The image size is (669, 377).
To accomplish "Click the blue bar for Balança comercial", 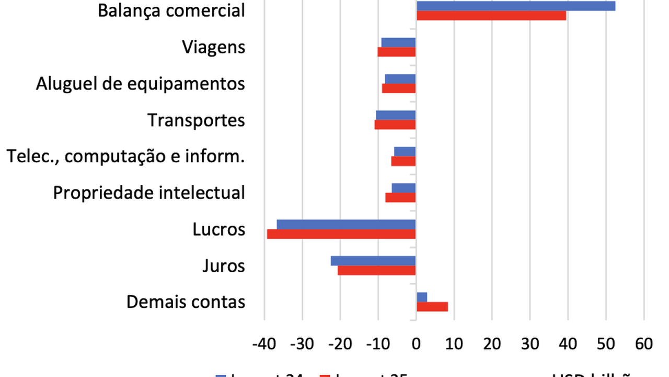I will [x=515, y=6].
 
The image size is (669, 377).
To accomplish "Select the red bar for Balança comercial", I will [x=491, y=16].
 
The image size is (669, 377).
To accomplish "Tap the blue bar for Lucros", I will [x=346, y=224].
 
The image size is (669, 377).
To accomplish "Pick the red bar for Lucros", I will [x=341, y=234].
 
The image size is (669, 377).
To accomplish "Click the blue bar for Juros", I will [x=373, y=261].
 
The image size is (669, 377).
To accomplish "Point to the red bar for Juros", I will [x=376, y=270].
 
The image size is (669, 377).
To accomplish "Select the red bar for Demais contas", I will [x=432, y=307].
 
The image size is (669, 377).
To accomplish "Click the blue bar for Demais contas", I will [x=422, y=297].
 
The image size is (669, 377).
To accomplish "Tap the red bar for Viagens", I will [x=397, y=52].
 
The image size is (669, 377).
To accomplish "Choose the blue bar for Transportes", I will [x=396, y=115].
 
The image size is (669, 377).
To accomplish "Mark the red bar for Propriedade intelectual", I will [x=400, y=197].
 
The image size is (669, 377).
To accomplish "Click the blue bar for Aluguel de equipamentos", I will [x=400, y=79].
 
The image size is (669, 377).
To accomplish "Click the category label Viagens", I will [x=213, y=47].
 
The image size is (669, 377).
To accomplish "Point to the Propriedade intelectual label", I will [x=149, y=193].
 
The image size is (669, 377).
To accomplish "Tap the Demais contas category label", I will [x=186, y=302].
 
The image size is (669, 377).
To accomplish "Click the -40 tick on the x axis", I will [x=264, y=344].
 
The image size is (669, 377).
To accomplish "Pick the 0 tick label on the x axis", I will [x=416, y=344].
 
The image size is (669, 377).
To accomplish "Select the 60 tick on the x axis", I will [x=644, y=344].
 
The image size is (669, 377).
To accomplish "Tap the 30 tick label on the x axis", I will [x=530, y=344].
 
